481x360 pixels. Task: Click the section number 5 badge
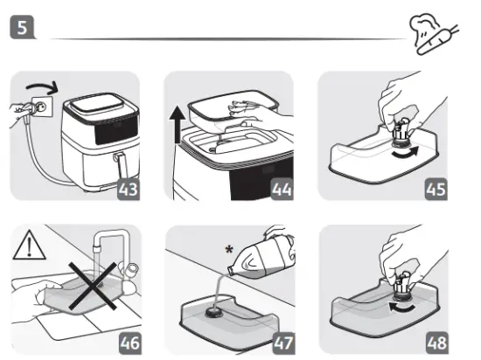pos(22,27)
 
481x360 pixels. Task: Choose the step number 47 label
pos(280,341)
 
